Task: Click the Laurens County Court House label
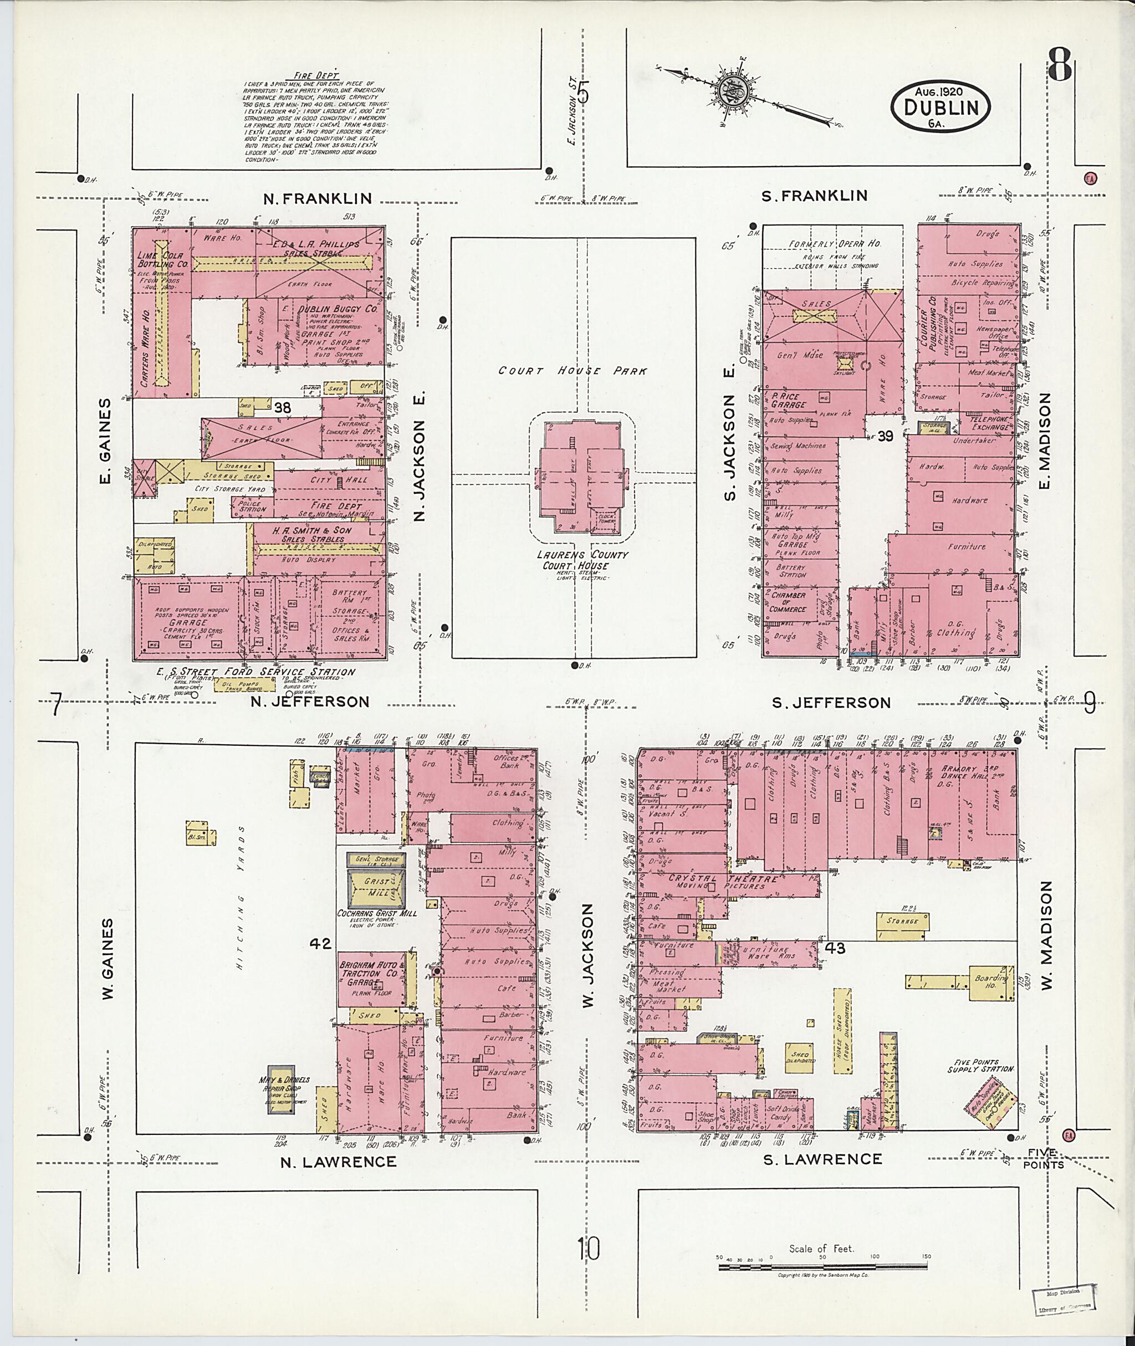click(x=584, y=560)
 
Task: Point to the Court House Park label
click(x=572, y=371)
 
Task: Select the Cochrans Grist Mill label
click(x=377, y=913)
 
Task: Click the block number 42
click(x=320, y=943)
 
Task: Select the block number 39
click(x=886, y=436)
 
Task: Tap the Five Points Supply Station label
click(x=980, y=1066)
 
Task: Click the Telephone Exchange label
click(x=989, y=422)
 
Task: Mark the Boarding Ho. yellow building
click(x=992, y=982)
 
